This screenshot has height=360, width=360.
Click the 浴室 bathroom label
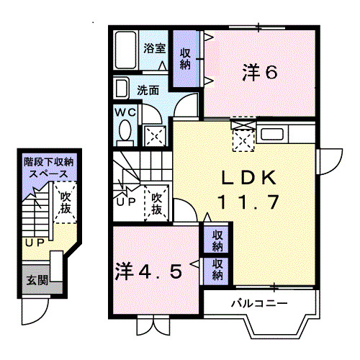tap(155, 49)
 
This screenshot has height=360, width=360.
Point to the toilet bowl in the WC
tap(125, 132)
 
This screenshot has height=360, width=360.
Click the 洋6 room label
tap(259, 73)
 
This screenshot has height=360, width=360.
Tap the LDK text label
tap(246, 176)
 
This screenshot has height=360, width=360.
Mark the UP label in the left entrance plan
tap(34, 243)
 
